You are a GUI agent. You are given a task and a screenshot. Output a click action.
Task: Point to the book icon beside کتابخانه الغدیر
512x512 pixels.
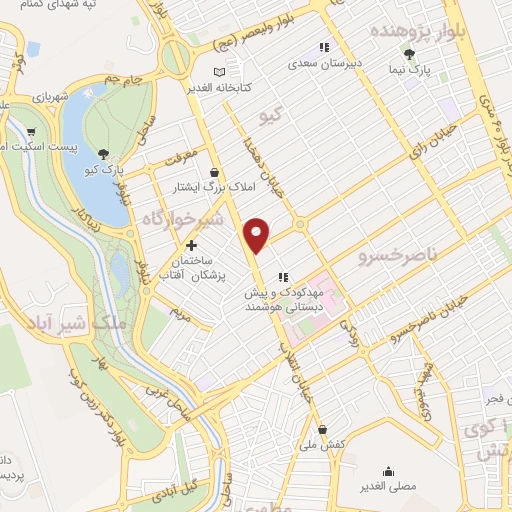[233, 72]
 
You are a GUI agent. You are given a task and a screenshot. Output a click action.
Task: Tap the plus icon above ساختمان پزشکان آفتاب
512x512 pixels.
[191, 244]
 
